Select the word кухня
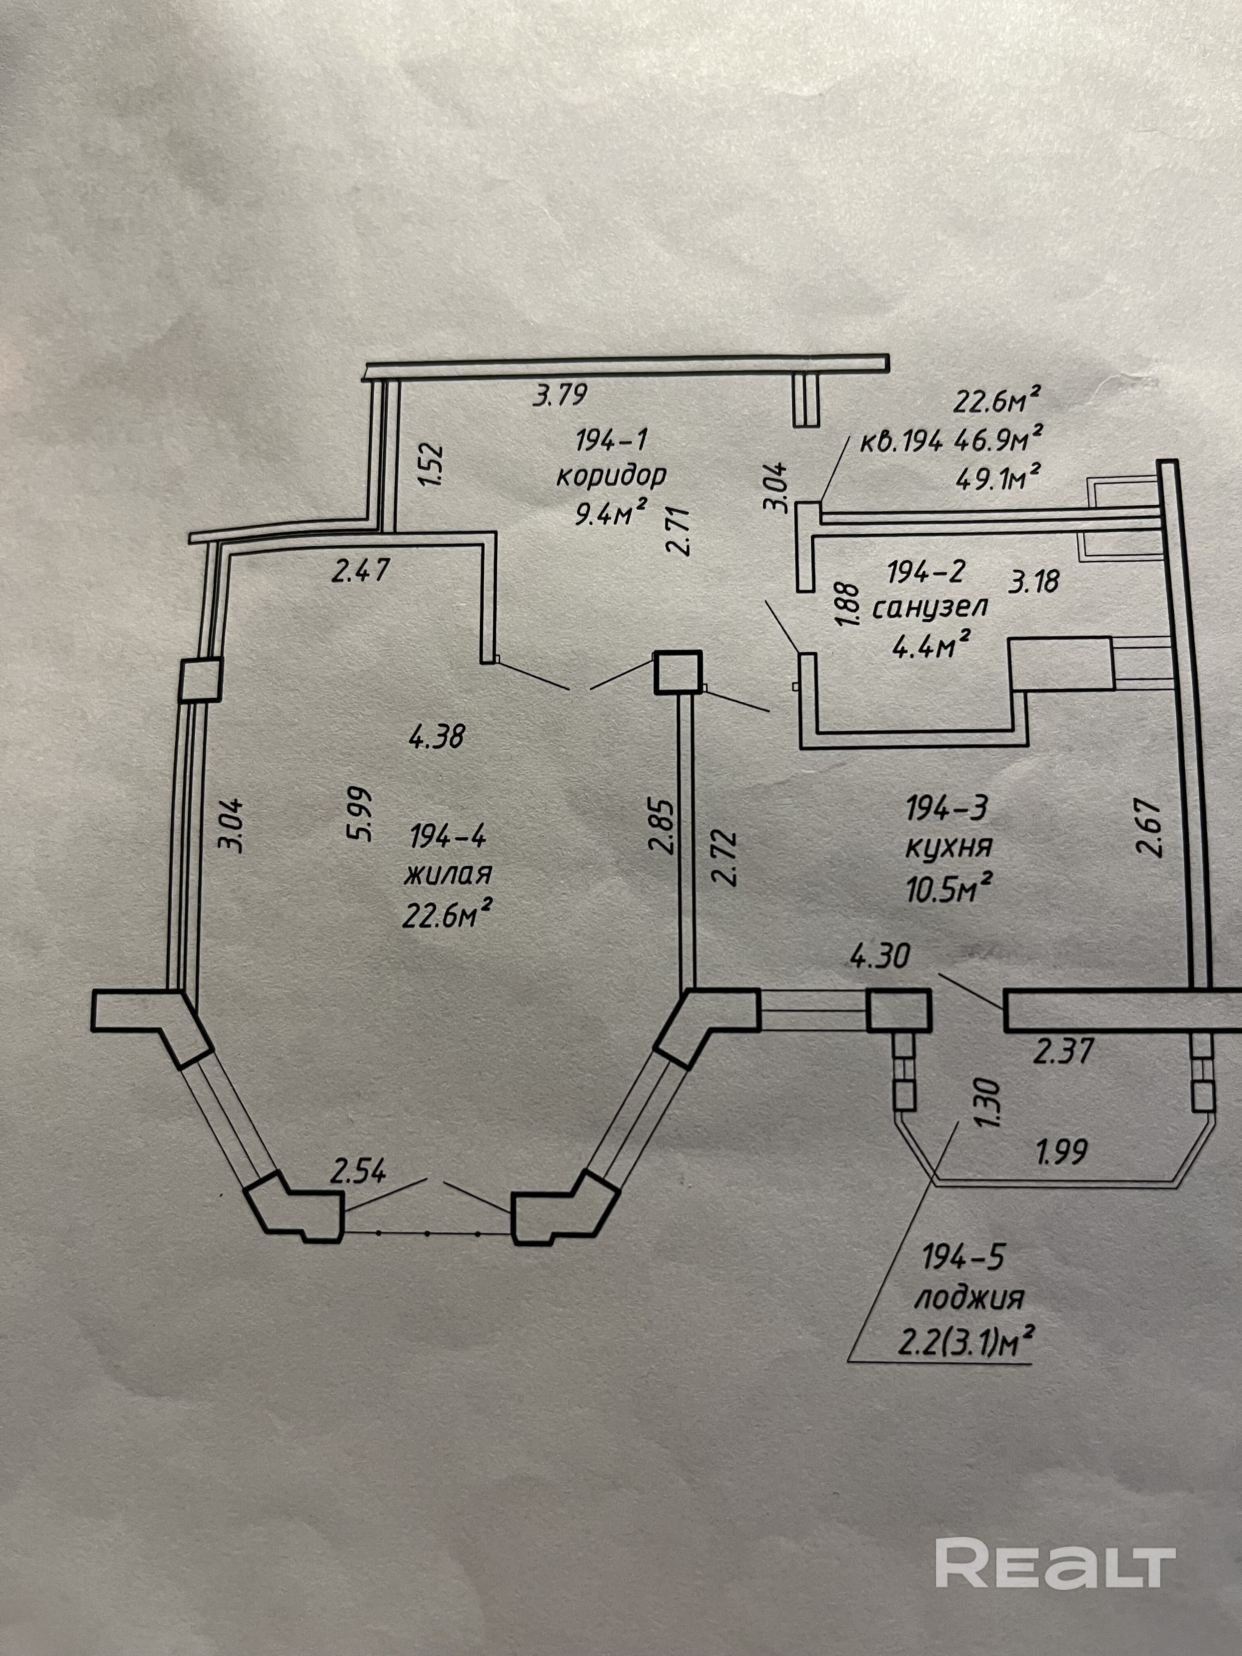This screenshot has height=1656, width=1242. [x=949, y=847]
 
